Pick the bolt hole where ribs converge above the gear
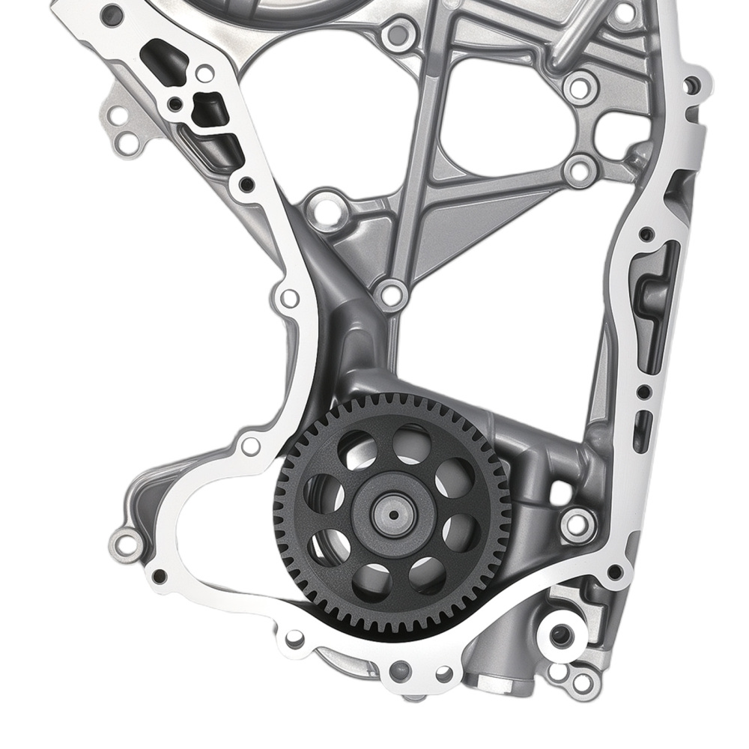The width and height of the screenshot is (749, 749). coord(389,294)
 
